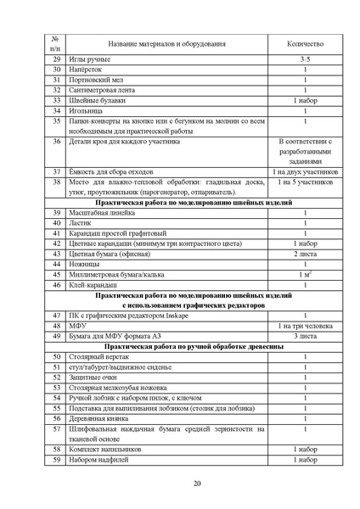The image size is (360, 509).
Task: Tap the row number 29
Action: pos(56,59)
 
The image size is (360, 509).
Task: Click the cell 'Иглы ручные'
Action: pos(90,59)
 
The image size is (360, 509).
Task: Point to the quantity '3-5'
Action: pos(306,59)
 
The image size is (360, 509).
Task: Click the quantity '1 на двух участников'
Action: pos(306,172)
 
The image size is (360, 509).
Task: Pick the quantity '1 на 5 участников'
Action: pos(306,182)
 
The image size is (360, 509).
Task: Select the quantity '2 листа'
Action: pos(306,254)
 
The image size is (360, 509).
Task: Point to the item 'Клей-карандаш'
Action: pos(95,284)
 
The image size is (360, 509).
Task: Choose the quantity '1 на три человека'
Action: pos(306,326)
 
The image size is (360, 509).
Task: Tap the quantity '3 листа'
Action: pos(306,336)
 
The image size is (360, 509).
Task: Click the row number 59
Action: pos(56,460)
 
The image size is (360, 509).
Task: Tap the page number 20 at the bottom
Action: pos(197,484)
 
